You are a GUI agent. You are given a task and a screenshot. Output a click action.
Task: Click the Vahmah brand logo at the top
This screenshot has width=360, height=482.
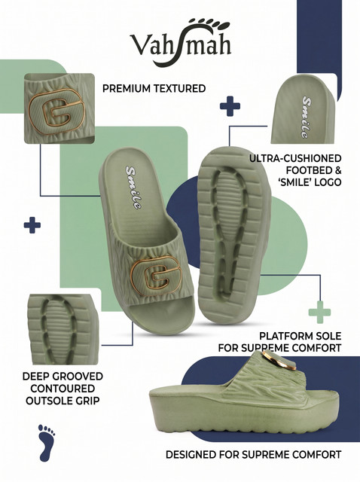[180, 42]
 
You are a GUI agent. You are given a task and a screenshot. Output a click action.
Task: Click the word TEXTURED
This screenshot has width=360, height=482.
[179, 89]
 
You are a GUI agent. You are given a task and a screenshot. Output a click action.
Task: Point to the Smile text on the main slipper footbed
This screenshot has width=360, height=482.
[134, 188]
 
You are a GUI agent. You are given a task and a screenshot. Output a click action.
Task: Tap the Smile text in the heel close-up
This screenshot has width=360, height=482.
[307, 117]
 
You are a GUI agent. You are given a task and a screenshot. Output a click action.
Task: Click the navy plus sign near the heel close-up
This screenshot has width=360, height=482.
[230, 106]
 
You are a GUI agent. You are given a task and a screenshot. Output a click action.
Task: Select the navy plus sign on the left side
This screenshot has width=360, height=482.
[32, 225]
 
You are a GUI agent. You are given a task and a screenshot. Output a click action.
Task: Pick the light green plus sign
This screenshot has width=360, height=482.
[320, 312]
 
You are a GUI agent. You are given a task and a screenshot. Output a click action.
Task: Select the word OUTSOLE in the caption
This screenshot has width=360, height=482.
[46, 401]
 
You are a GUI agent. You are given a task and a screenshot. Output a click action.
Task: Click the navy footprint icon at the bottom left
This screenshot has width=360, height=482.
[47, 443]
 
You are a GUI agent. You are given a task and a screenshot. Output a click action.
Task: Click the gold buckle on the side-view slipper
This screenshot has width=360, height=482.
[279, 361]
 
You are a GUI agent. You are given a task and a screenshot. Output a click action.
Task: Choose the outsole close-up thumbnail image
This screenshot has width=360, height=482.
[63, 329]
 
